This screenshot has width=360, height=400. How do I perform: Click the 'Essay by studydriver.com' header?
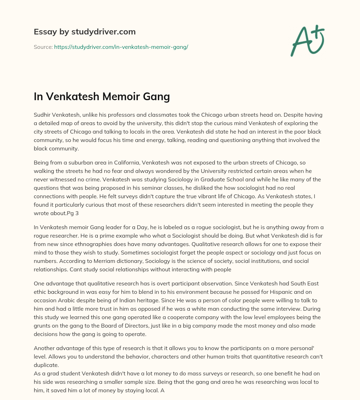pos(84,32)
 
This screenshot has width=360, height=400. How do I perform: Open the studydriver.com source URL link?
pos(121,47)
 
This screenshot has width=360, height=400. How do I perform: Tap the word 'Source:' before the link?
pos(43,47)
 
